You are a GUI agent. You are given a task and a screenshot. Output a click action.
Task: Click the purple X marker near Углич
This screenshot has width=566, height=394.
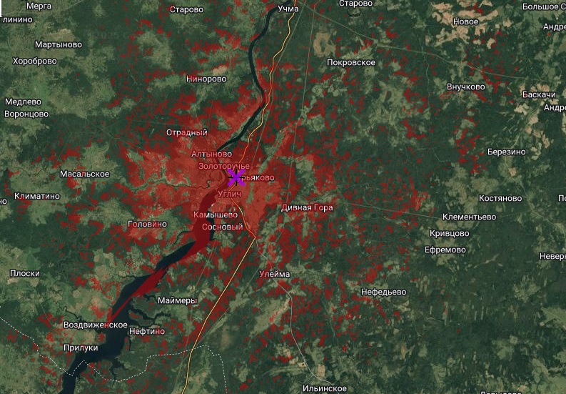coord(236,177)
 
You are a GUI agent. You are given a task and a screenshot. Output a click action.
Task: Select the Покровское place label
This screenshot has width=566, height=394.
coord(350,63)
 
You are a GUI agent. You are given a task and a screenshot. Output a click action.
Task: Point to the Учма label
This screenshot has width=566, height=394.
coord(288,9)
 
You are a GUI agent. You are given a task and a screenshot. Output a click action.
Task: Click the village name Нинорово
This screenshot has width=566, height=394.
coord(206,79)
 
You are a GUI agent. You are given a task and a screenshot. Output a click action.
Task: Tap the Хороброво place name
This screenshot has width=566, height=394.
coord(34,61)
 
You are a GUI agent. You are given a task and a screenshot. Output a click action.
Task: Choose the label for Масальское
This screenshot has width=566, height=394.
coord(84,174)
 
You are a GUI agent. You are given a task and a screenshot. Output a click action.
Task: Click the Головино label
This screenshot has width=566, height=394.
coord(146,224)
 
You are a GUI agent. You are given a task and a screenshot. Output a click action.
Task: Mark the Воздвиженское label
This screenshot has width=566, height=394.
coord(95,325)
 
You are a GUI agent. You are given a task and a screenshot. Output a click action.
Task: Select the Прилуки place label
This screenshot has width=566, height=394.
coord(81,348)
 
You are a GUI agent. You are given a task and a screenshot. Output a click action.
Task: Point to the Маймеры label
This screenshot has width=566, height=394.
coord(177,300)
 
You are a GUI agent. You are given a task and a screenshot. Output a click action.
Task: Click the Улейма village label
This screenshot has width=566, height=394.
coord(274,274)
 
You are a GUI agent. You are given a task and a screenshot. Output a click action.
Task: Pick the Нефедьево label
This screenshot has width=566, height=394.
coord(383,292)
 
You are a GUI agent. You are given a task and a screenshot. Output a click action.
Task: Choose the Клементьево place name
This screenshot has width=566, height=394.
coord(469,217)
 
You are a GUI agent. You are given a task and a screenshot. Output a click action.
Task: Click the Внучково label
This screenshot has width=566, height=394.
coord(465,87)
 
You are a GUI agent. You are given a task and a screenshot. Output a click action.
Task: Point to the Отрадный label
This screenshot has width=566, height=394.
coord(186,132)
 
